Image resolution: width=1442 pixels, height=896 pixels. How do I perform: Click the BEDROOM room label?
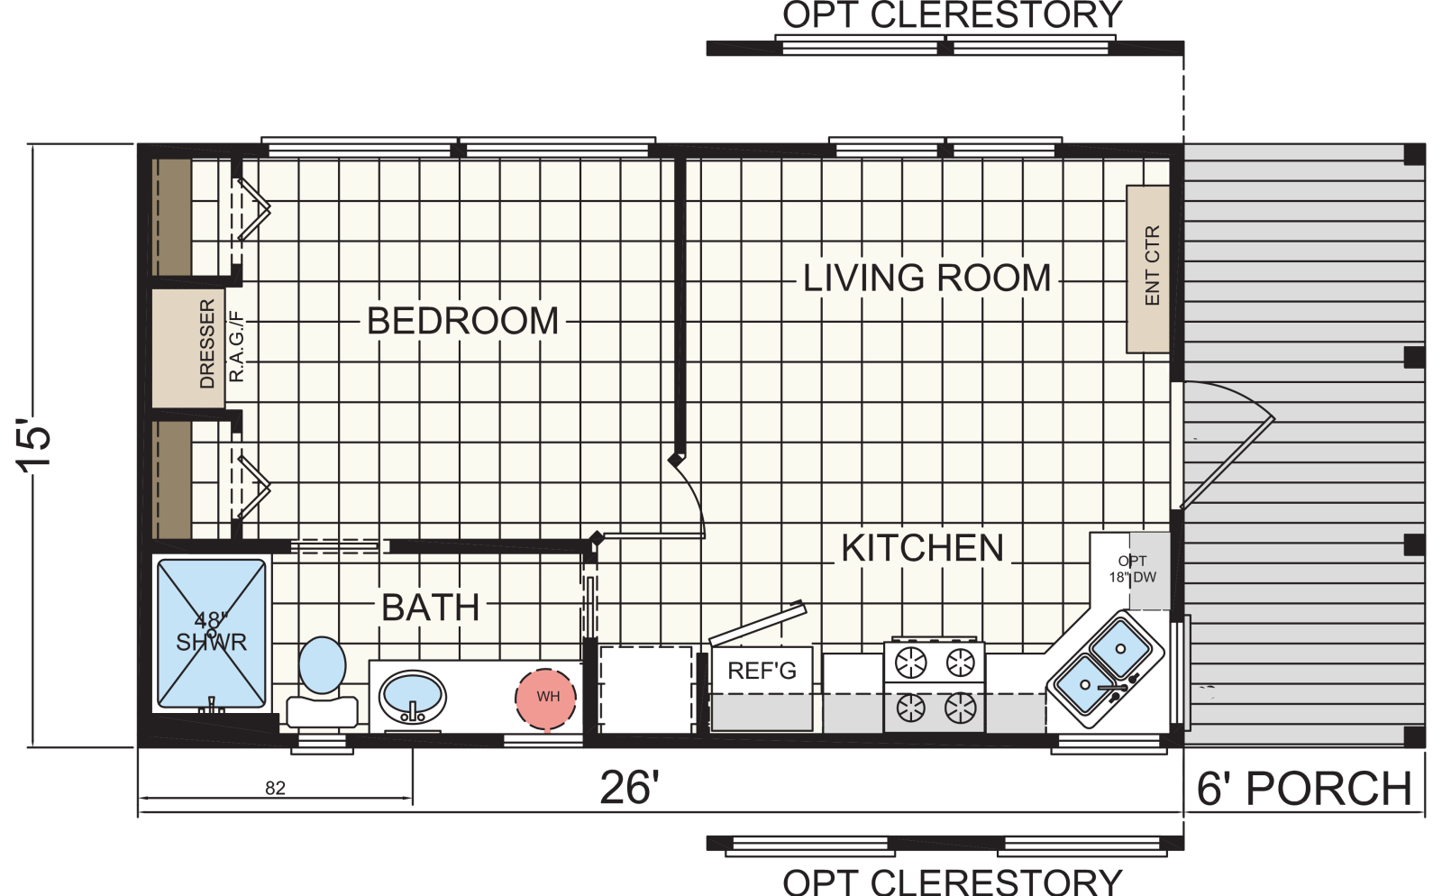462,321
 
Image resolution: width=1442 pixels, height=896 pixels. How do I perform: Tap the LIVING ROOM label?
926,278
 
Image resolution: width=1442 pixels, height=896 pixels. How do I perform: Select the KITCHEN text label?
923,548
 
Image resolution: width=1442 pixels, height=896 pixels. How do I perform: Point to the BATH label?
430,607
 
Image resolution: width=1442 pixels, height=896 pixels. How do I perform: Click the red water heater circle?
545,699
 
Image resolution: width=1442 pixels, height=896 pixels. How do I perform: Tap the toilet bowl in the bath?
322,665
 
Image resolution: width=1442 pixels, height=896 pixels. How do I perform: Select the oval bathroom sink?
412,697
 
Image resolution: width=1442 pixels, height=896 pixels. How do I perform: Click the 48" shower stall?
211,634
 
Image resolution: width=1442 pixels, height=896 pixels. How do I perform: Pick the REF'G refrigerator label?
762,671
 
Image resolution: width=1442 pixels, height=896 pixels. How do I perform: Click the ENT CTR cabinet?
1148,269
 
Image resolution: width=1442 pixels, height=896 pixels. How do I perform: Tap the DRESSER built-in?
188,348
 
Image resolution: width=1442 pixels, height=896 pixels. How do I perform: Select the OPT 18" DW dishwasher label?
1132,569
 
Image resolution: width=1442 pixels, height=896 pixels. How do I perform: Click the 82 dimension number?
275,788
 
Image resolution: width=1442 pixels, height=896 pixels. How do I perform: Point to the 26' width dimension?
630,788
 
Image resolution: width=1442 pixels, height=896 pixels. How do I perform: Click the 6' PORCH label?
1304,789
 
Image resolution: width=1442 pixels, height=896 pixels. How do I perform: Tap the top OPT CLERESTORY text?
952,14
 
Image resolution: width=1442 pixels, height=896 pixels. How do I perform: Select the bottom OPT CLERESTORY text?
952,882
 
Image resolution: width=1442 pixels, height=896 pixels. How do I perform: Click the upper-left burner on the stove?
911,663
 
